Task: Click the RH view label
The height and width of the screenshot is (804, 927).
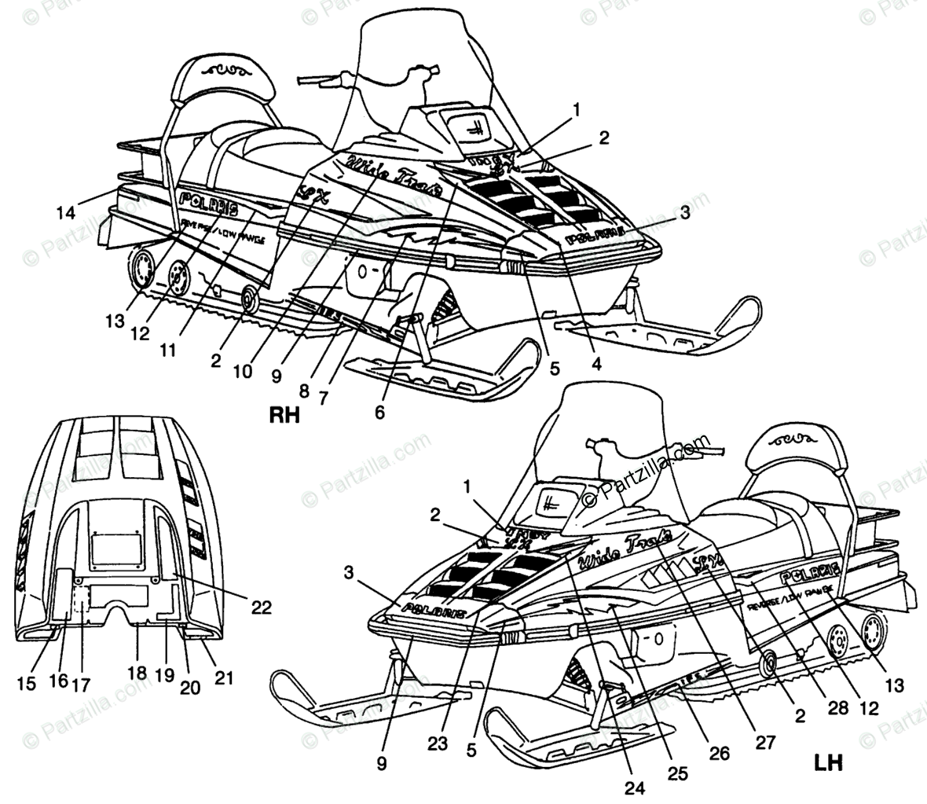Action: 284,414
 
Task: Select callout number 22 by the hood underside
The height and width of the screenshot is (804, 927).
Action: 262,606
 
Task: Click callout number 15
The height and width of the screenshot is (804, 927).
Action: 27,683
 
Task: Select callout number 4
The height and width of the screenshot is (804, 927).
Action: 596,363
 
